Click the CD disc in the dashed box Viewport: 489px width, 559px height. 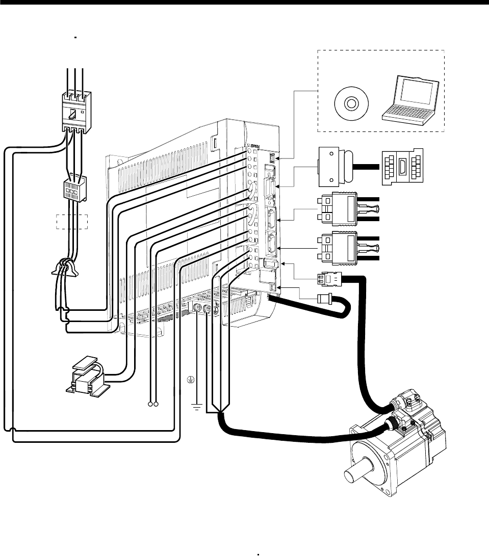coord(350,104)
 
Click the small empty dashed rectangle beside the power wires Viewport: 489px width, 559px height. coord(72,222)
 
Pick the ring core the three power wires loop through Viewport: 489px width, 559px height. coord(65,265)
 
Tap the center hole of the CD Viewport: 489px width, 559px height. coord(350,104)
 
